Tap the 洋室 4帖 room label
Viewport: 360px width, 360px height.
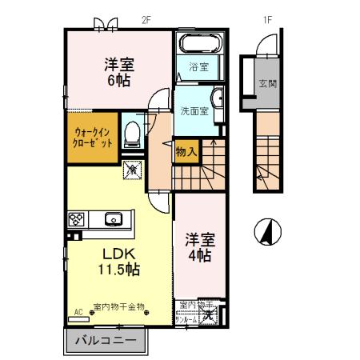point(199,248)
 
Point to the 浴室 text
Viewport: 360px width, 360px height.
point(198,68)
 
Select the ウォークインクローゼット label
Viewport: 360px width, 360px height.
point(94,137)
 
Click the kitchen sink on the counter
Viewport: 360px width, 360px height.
point(113,218)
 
